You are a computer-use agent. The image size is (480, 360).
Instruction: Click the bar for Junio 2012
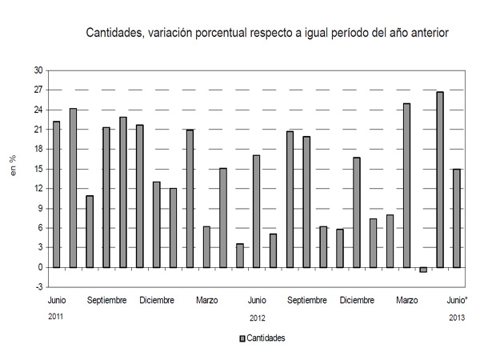coord(256,211)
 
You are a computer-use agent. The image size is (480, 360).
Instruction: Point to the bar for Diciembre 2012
coord(356,212)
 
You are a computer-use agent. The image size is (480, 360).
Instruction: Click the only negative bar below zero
coord(423,270)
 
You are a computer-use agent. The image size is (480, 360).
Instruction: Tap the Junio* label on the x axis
coord(456,300)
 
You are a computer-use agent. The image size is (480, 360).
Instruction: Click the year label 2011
coord(56,317)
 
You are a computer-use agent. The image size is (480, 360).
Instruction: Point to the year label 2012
coord(257,317)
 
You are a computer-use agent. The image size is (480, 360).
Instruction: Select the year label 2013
coord(456,317)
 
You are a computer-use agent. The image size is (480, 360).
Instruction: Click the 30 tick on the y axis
coord(37,70)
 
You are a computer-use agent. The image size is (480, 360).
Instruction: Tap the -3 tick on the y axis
coord(38,286)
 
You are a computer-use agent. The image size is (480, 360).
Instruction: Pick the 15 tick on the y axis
coord(37,169)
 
